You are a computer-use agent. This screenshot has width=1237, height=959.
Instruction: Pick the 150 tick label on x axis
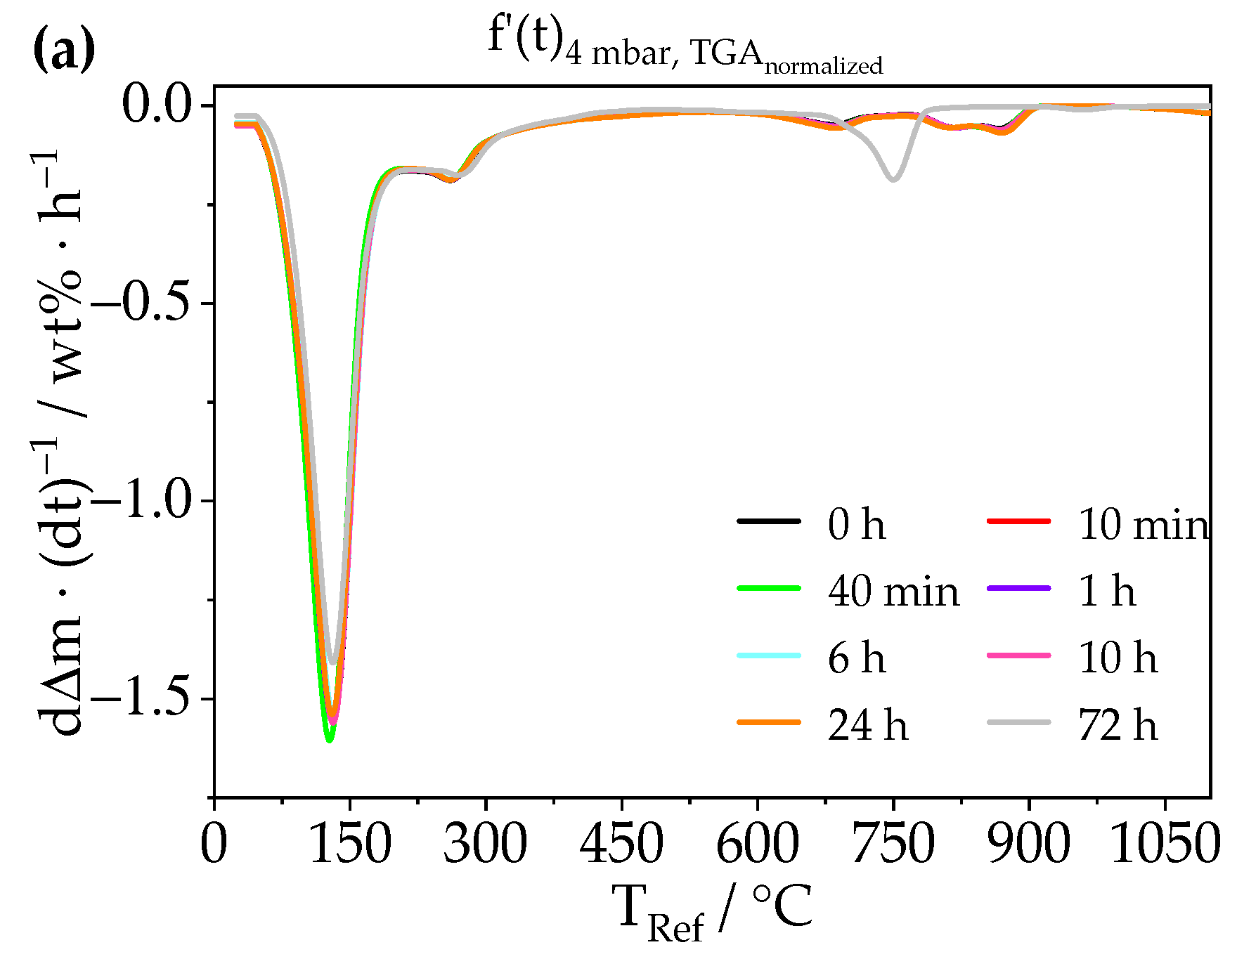[x=349, y=844]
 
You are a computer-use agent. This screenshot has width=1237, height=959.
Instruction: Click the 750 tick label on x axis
[x=893, y=844]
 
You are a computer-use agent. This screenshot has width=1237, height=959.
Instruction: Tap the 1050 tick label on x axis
[x=1164, y=844]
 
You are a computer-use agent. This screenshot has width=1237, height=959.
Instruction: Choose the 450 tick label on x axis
[x=621, y=844]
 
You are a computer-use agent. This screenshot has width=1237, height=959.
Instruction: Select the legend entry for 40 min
[x=893, y=591]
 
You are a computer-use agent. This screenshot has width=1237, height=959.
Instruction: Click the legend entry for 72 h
[x=1118, y=725]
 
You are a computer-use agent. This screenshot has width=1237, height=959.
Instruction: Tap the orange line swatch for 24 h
[x=769, y=722]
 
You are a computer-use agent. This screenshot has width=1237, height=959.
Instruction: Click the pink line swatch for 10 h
[x=1018, y=655]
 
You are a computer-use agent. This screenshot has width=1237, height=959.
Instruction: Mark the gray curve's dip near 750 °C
[x=893, y=179]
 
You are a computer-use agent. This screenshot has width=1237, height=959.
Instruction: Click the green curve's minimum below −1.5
[x=328, y=740]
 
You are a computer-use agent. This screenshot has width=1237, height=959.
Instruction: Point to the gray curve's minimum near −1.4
[x=332, y=662]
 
